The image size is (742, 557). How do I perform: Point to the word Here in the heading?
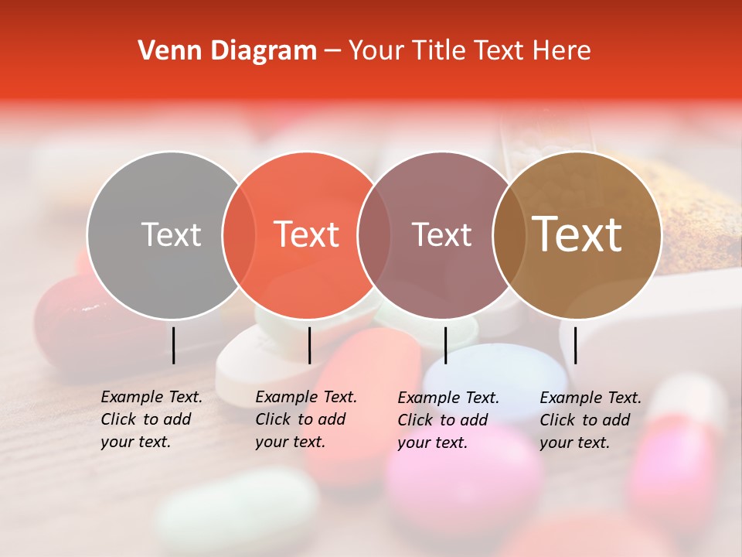pyautogui.click(x=563, y=51)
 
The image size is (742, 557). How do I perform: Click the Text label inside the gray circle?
pyautogui.click(x=171, y=234)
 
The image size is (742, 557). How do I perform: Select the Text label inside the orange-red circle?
pyautogui.click(x=307, y=234)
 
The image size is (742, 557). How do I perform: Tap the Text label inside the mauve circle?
pyautogui.click(x=441, y=234)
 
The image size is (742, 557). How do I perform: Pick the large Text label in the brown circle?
pyautogui.click(x=577, y=234)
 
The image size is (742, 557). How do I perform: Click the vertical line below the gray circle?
pyautogui.click(x=173, y=345)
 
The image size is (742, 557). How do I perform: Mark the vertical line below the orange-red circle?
pyautogui.click(x=309, y=345)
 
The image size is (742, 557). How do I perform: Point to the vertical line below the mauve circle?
pyautogui.click(x=445, y=345)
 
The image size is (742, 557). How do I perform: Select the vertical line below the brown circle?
pyautogui.click(x=575, y=345)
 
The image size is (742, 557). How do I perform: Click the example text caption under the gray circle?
pyautogui.click(x=151, y=419)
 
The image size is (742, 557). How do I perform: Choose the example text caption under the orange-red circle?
pyautogui.click(x=305, y=419)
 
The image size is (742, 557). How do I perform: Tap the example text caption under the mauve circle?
pyautogui.click(x=448, y=420)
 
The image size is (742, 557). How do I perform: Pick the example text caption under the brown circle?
pyautogui.click(x=590, y=420)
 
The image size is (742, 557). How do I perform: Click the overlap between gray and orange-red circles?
pyautogui.click(x=239, y=234)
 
